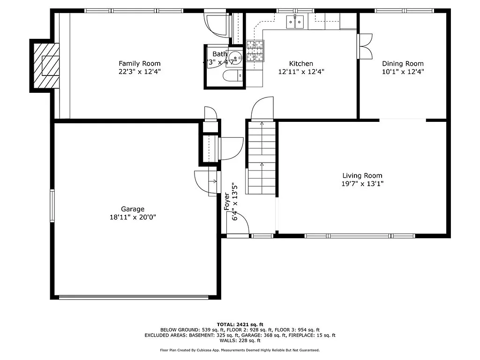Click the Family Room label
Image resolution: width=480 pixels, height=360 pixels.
tap(139, 63)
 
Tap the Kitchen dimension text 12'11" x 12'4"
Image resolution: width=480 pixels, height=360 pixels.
tap(301, 72)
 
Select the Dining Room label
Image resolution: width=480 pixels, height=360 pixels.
tap(403, 64)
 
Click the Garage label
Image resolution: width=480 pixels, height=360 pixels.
tap(133, 209)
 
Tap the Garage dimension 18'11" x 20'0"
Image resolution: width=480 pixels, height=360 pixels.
tap(133, 217)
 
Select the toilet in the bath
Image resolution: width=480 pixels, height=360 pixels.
tap(233, 76)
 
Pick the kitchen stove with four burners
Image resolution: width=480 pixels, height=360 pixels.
tap(255, 51)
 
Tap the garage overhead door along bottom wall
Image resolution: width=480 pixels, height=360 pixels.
tap(134, 297)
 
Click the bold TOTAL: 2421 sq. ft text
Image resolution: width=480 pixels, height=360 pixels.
tap(240, 324)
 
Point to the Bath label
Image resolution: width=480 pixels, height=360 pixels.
tap(219, 54)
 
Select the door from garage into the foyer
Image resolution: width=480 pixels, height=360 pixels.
tap(206, 181)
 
